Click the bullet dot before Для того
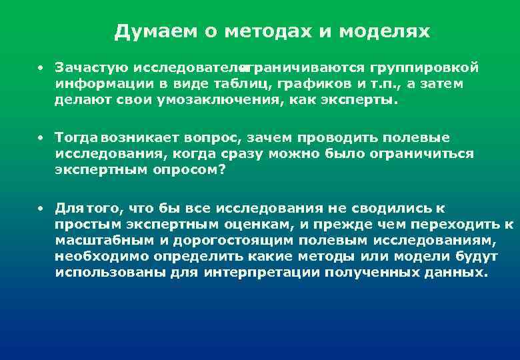click(41, 208)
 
